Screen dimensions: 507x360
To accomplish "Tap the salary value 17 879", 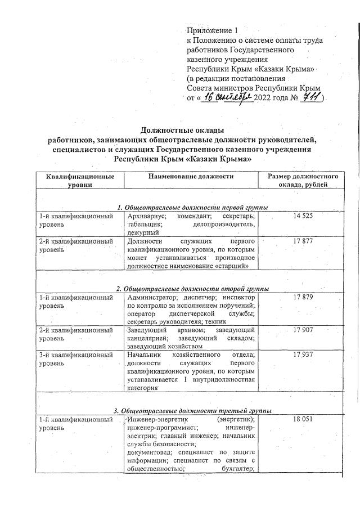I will coord(303,297).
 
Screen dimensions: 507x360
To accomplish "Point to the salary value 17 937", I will coord(303,355).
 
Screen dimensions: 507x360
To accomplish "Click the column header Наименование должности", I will coord(191,177).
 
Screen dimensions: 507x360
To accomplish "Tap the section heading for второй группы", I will coord(192,289).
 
